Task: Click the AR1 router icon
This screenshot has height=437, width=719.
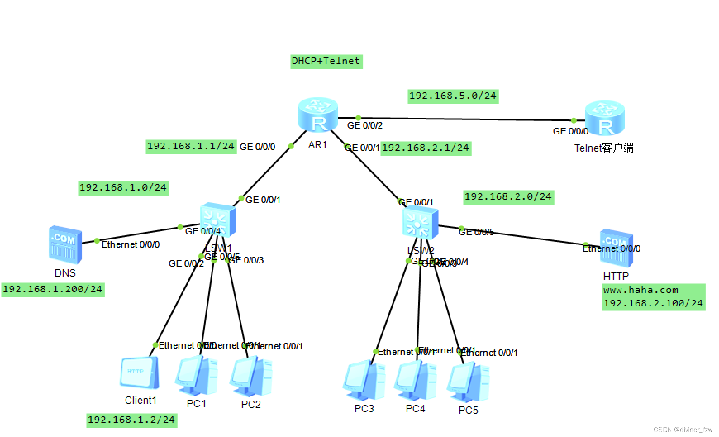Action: [318, 115]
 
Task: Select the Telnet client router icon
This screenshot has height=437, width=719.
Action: [605, 118]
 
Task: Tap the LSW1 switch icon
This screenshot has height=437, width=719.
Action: [218, 220]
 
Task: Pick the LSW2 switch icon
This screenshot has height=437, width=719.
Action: [420, 223]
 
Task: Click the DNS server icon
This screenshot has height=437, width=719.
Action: [65, 244]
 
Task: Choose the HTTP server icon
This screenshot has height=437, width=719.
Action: [616, 248]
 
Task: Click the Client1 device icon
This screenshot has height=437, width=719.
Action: [139, 373]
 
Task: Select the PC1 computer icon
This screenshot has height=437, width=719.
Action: [196, 376]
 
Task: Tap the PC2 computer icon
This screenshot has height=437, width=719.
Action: [251, 377]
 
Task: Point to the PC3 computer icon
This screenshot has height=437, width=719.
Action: [364, 381]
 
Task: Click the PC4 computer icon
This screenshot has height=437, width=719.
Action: [415, 381]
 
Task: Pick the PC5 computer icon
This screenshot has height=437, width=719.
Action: [468, 382]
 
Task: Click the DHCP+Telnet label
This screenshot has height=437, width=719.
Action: [326, 61]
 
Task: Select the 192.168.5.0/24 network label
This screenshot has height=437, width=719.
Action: [452, 96]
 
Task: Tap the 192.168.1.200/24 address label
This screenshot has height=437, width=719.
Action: [52, 289]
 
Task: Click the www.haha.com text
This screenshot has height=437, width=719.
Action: [640, 290]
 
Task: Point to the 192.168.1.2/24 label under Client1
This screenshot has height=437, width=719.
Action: [131, 420]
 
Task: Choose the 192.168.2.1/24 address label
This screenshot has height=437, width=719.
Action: [426, 148]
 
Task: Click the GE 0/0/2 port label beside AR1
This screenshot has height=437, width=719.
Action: [364, 125]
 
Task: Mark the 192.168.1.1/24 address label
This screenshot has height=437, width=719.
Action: [191, 146]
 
